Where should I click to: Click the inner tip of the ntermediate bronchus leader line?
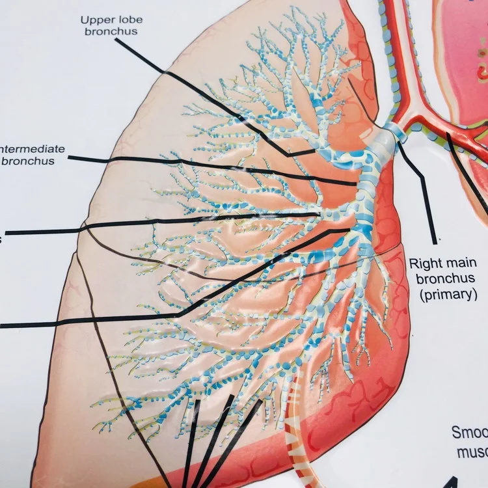click(x=356, y=184)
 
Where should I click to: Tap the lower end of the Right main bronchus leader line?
click(x=433, y=239)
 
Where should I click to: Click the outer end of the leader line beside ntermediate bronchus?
click(x=69, y=157)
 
